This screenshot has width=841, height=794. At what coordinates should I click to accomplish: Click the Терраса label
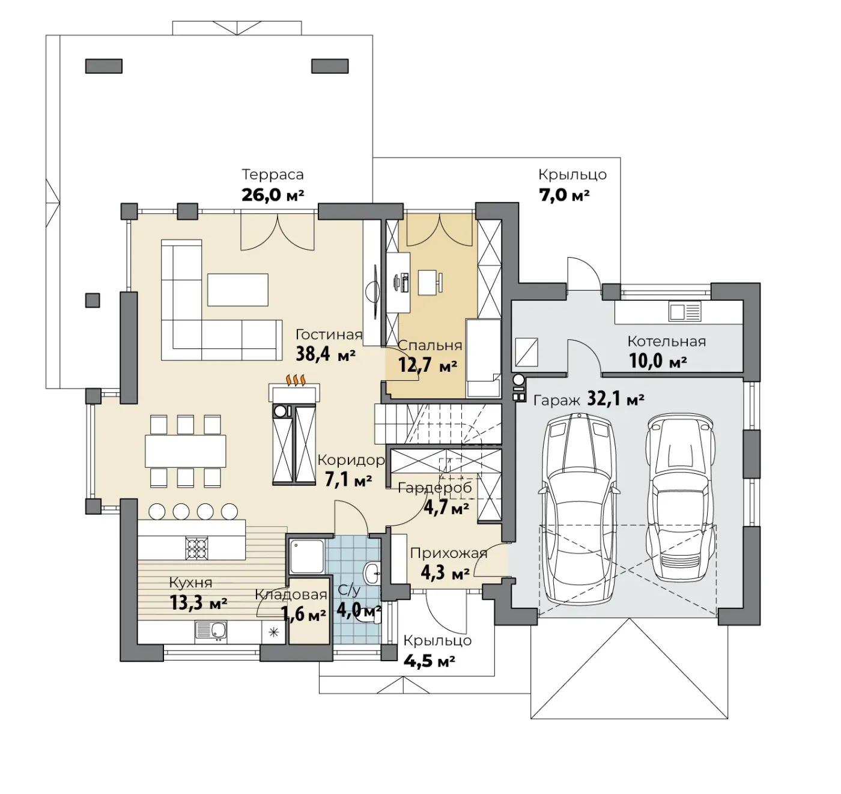click(x=273, y=174)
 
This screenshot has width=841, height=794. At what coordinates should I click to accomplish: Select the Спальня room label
click(x=430, y=345)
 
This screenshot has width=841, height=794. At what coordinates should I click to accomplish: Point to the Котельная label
click(x=667, y=341)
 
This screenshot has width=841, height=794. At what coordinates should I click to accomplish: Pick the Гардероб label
click(x=435, y=488)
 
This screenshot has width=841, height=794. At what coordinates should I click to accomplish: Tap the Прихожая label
click(x=449, y=554)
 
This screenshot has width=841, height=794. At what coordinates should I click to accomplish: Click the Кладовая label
click(x=291, y=595)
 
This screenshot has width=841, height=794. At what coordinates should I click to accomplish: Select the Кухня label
click(x=190, y=583)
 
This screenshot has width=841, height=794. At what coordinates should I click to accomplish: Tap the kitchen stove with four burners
click(x=197, y=548)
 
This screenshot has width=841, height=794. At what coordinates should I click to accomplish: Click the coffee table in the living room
click(x=237, y=289)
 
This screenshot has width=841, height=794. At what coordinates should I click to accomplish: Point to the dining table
click(x=186, y=451)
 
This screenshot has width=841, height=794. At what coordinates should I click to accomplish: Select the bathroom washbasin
click(x=372, y=574)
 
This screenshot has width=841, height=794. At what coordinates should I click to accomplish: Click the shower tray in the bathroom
click(x=307, y=556)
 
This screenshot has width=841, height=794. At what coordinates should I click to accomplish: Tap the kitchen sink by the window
click(x=211, y=632)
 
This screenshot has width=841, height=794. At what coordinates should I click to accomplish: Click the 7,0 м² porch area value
click(x=564, y=196)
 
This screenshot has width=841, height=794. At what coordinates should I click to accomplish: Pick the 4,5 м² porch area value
click(x=430, y=661)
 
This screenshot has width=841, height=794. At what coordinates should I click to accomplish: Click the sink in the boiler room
click(x=685, y=312)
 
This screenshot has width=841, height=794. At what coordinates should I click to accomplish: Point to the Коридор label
click(x=351, y=460)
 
